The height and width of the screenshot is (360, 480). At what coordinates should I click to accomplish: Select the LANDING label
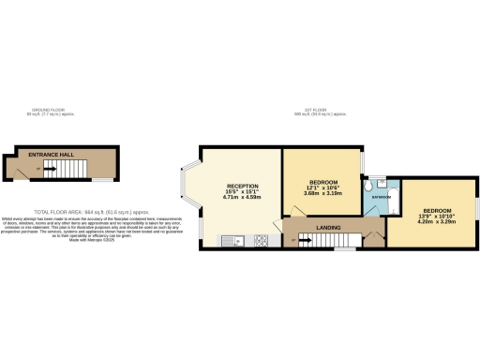[327, 227]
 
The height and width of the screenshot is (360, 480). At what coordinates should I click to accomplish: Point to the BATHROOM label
[379, 198]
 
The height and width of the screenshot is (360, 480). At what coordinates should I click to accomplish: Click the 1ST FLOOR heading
[321, 112]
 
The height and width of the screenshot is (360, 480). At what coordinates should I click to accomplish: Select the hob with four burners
[261, 241]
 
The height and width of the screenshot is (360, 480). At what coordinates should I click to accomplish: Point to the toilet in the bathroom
[373, 185]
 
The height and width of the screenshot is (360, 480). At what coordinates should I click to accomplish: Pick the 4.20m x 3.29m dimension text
[437, 221]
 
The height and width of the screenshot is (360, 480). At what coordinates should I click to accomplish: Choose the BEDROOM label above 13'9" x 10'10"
[437, 209]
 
